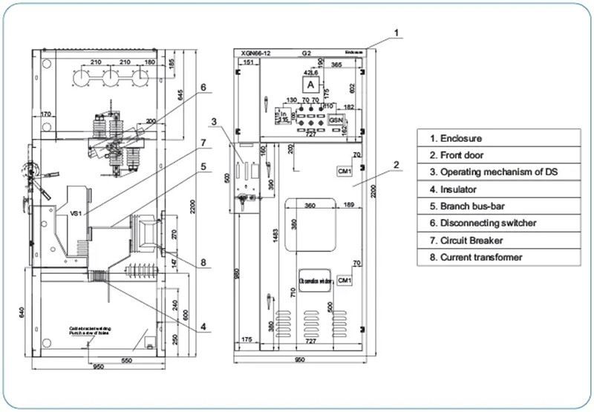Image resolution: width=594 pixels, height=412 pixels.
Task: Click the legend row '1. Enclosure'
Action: pyautogui.click(x=498, y=138)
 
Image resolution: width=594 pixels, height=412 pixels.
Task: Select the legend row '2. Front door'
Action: pyautogui.click(x=498, y=155)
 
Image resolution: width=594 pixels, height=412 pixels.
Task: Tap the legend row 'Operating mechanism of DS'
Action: pyautogui.click(x=498, y=172)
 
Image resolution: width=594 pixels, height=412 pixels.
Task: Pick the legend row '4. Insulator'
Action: pyautogui.click(x=498, y=189)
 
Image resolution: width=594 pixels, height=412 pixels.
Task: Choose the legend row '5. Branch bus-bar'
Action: pyautogui.click(x=498, y=206)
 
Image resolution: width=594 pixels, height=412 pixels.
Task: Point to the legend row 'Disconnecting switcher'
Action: pyautogui.click(x=498, y=223)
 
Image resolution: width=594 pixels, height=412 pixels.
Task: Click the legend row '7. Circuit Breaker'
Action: pyautogui.click(x=498, y=241)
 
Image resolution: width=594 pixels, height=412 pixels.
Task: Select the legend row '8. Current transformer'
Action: pyautogui.click(x=498, y=258)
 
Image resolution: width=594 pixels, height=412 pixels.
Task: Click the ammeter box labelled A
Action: pyautogui.click(x=313, y=85)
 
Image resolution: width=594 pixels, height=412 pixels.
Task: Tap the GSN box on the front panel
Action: pyautogui.click(x=336, y=120)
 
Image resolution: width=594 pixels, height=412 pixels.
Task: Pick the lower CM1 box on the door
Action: pyautogui.click(x=344, y=280)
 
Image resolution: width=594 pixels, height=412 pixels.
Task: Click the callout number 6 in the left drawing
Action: pyautogui.click(x=202, y=88)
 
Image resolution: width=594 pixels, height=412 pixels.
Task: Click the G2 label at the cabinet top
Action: pyautogui.click(x=306, y=54)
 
